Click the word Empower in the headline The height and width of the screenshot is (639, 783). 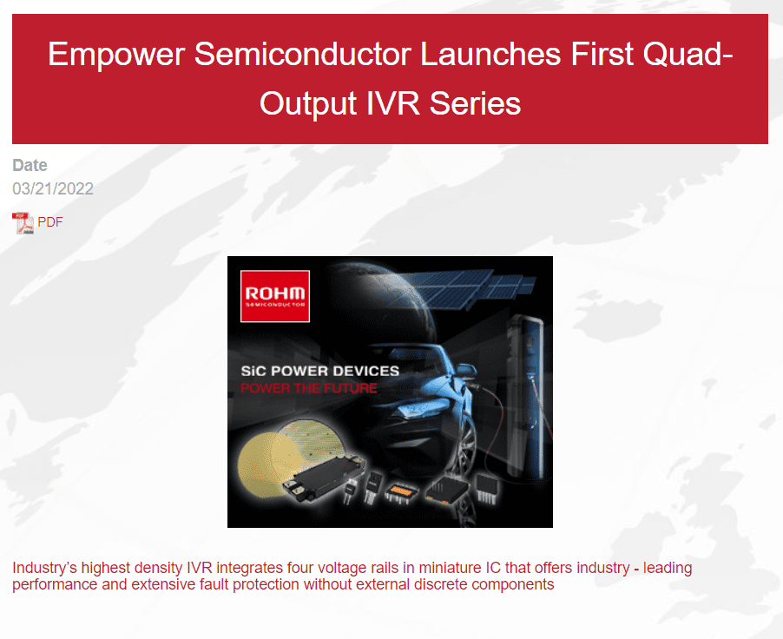116,55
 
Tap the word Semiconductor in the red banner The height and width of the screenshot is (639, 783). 302,54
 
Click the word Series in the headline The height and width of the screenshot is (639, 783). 475,103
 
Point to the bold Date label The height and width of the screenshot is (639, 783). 30,165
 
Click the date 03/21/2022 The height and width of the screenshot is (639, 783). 53,189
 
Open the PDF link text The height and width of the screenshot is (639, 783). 50,221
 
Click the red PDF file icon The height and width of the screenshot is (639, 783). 23,223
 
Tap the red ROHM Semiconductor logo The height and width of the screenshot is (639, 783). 275,296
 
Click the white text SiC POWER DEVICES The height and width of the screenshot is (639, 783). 320,371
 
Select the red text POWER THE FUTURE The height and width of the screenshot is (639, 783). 309,388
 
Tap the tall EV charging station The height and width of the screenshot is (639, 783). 525,395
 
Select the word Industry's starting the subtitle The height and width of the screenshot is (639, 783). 45,568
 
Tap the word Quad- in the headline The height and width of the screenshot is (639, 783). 688,54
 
